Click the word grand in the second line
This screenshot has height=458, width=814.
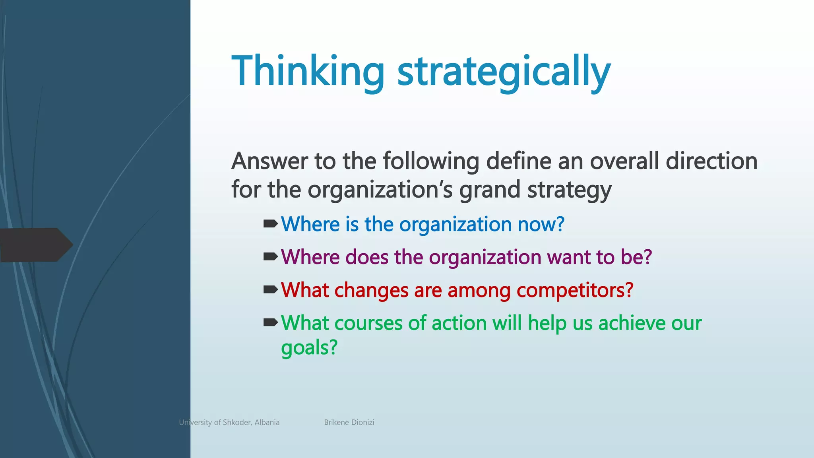pyautogui.click(x=490, y=190)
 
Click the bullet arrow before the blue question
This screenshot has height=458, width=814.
pyautogui.click(x=271, y=224)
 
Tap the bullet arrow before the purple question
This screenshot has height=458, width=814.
pyautogui.click(x=271, y=257)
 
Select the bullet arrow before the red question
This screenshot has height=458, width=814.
pyautogui.click(x=271, y=290)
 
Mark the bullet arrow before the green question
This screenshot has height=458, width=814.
pyautogui.click(x=271, y=322)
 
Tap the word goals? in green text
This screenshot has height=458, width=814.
pyautogui.click(x=309, y=348)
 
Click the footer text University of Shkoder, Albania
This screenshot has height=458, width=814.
pyautogui.click(x=229, y=422)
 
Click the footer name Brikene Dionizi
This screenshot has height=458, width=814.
pyautogui.click(x=349, y=422)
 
